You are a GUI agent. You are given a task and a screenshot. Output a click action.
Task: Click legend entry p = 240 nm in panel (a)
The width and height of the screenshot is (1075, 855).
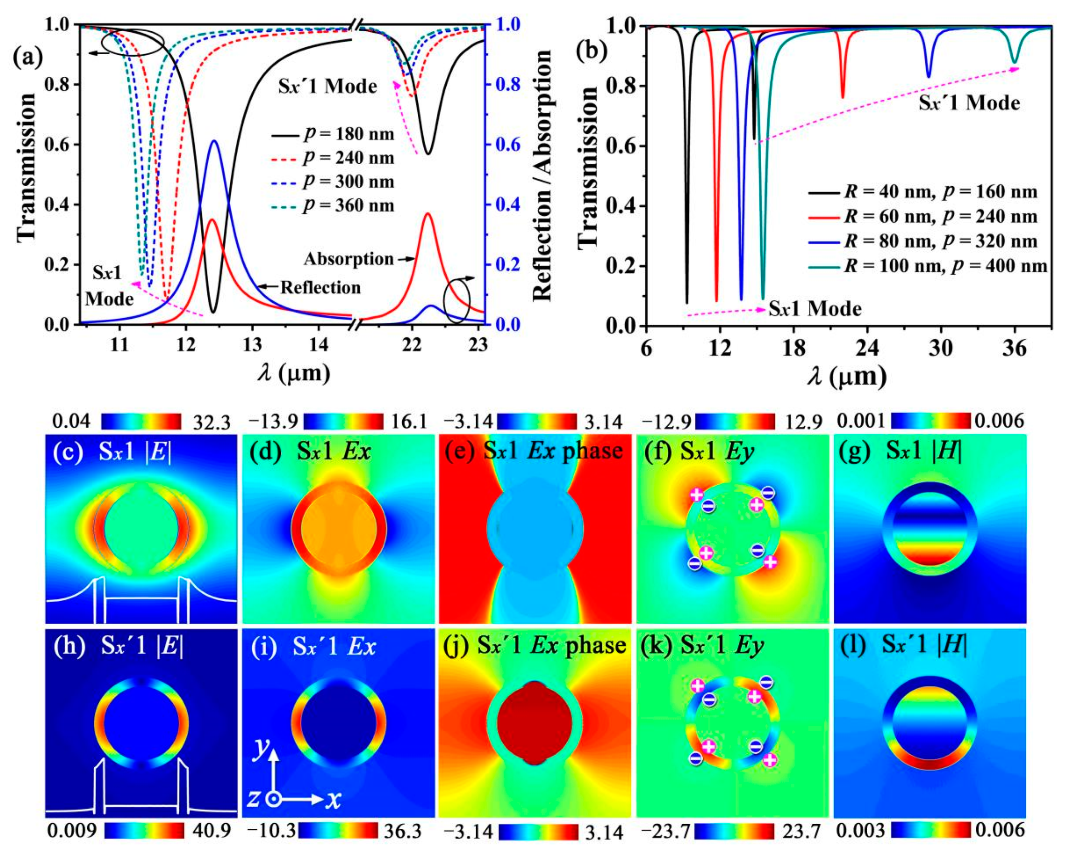[x=348, y=158]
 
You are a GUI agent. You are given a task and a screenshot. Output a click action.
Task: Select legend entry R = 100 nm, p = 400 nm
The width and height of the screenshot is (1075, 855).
[x=945, y=266]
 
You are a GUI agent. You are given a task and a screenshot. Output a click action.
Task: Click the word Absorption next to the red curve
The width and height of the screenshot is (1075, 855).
[x=348, y=259]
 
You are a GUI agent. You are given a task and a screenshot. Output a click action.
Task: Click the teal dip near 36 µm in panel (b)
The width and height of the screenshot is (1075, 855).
[x=1014, y=62]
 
